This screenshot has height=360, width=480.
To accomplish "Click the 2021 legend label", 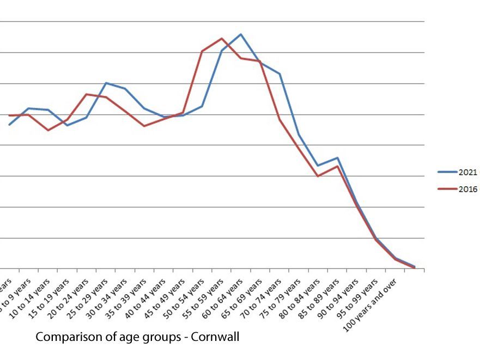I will [467, 172].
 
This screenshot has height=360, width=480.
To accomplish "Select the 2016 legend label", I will [467, 190].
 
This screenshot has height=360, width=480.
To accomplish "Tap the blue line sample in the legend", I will [447, 172].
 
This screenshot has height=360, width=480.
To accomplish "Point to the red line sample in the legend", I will [447, 190].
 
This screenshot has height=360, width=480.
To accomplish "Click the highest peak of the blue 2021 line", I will [241, 34].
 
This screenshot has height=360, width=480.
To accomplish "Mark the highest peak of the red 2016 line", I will [221, 39].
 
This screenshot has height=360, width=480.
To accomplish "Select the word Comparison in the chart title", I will [62, 337].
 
